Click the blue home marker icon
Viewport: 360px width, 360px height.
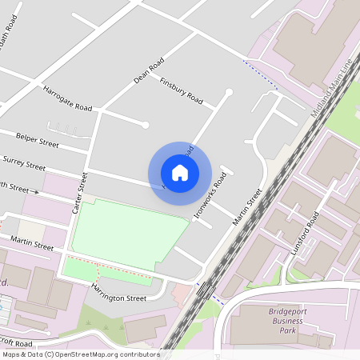pos(180,172)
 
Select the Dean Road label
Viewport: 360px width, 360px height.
pos(149,70)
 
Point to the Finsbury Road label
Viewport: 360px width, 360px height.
pos(181,91)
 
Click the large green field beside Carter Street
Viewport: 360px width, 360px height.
pos(128,232)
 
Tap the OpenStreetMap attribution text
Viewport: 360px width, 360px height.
pos(80,354)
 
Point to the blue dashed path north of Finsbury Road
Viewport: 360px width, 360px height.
pos(261,73)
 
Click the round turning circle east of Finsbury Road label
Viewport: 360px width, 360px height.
pos(229,93)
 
